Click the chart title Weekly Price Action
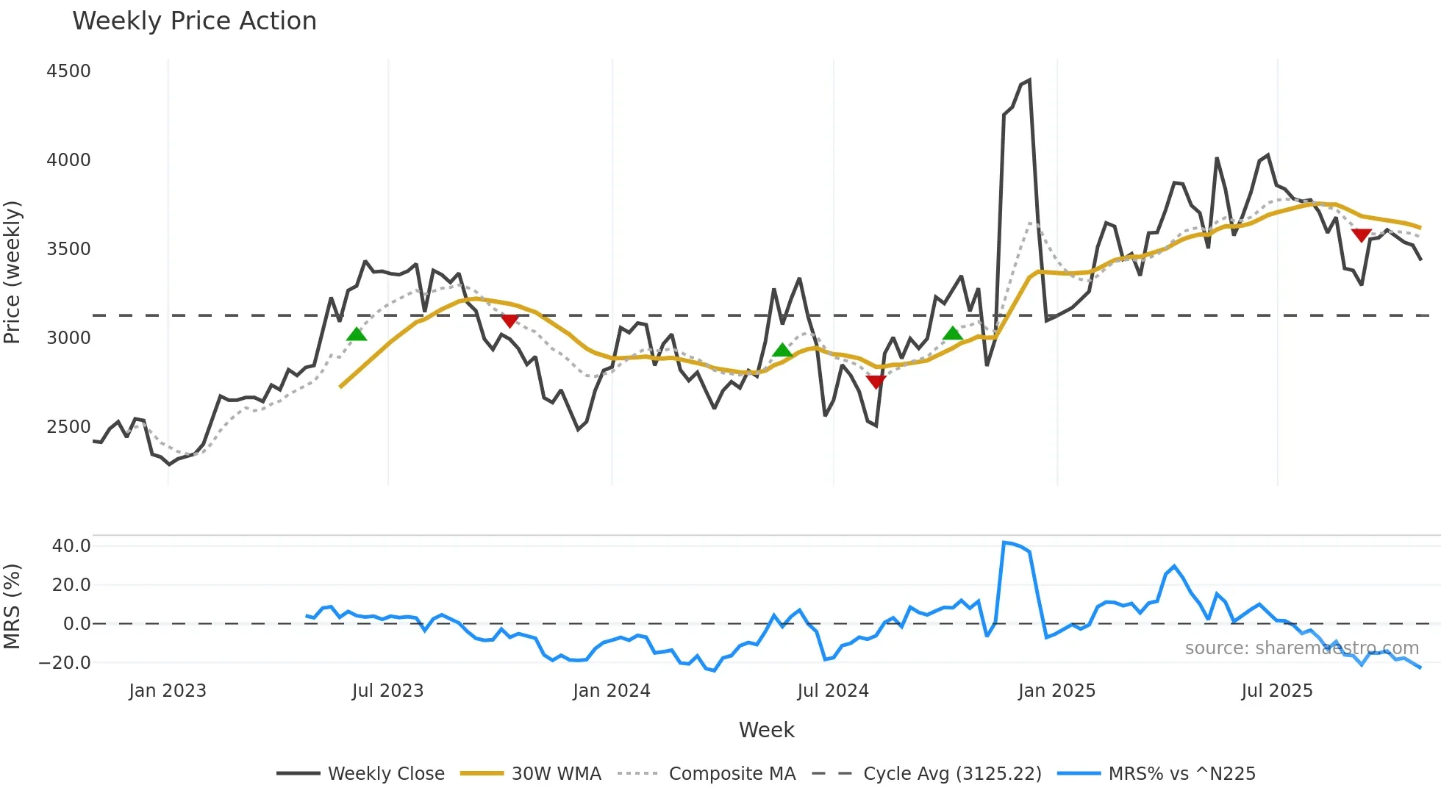[194, 21]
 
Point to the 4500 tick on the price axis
[68, 71]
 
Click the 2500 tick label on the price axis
[68, 427]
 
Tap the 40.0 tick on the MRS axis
[71, 546]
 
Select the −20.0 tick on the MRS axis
[65, 663]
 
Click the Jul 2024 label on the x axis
[832, 691]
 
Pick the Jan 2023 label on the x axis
[168, 691]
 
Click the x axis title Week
[766, 730]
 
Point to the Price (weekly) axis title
[12, 272]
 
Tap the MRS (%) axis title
[12, 606]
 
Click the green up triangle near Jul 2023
[357, 334]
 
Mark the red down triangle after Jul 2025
[1361, 235]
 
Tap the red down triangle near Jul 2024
[876, 381]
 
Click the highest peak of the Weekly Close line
[1029, 80]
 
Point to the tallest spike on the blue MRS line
[1004, 542]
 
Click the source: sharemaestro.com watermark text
[1301, 648]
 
